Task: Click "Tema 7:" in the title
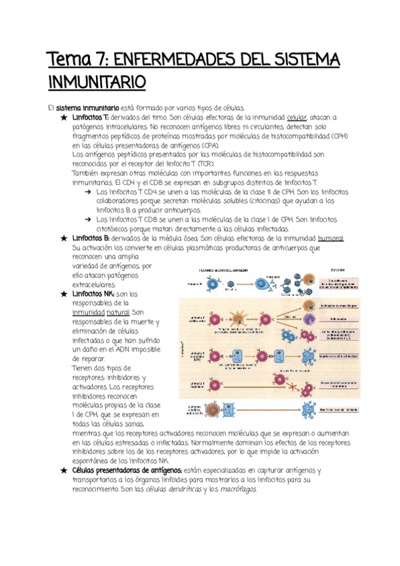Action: pyautogui.click(x=71, y=62)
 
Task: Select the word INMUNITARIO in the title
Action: pyautogui.click(x=96, y=83)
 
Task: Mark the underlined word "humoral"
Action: pyautogui.click(x=331, y=238)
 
